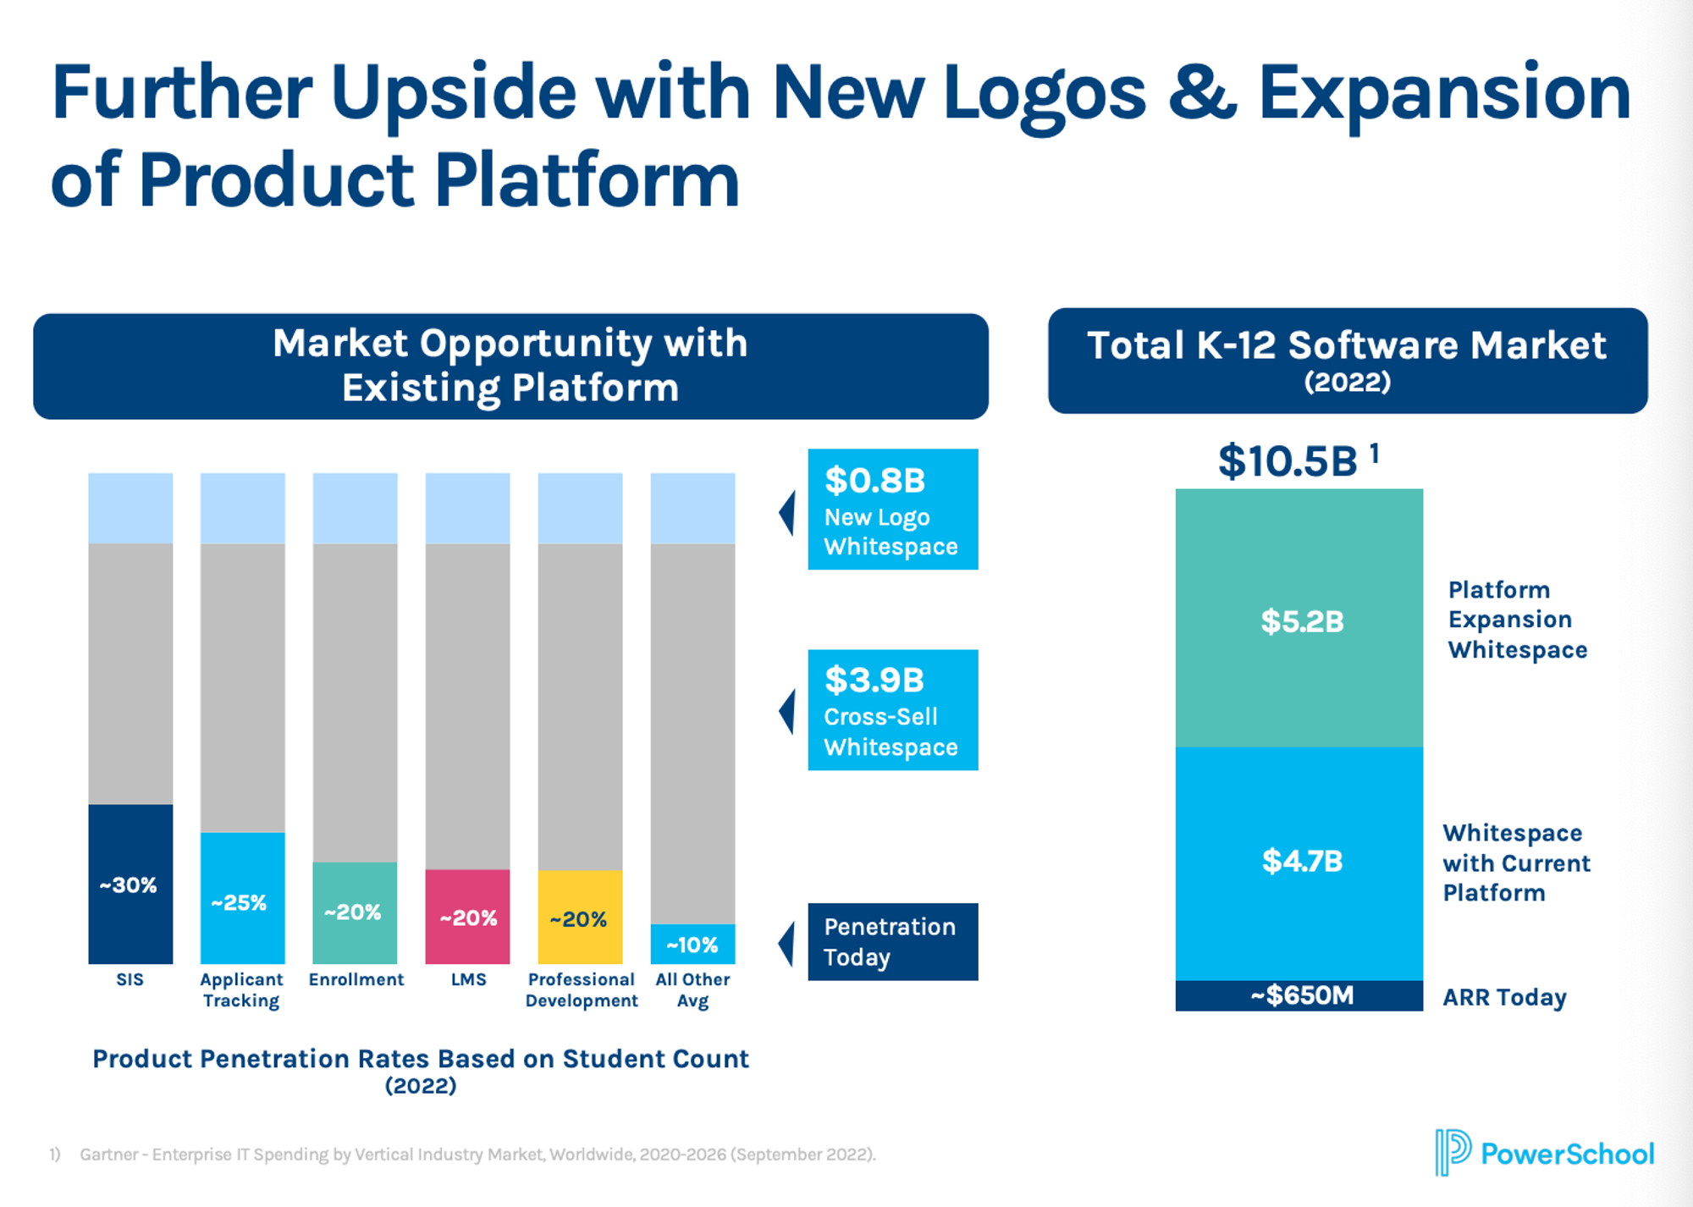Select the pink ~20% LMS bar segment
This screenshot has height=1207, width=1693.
[467, 916]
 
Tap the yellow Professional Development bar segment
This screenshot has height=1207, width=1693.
[580, 917]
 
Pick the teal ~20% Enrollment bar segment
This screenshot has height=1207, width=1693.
[355, 912]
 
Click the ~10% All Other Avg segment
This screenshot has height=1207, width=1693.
[692, 944]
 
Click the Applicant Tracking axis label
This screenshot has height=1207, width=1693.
[241, 989]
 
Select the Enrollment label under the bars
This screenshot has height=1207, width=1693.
[356, 979]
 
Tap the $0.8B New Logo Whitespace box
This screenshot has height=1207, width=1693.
[892, 510]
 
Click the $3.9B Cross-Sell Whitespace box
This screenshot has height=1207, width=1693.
[892, 710]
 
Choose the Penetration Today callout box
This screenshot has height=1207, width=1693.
[892, 941]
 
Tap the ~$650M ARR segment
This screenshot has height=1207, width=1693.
[1299, 995]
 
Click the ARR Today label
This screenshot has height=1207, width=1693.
[1504, 997]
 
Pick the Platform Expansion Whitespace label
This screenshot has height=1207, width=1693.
[1517, 620]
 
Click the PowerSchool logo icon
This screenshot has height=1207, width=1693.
[1453, 1152]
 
